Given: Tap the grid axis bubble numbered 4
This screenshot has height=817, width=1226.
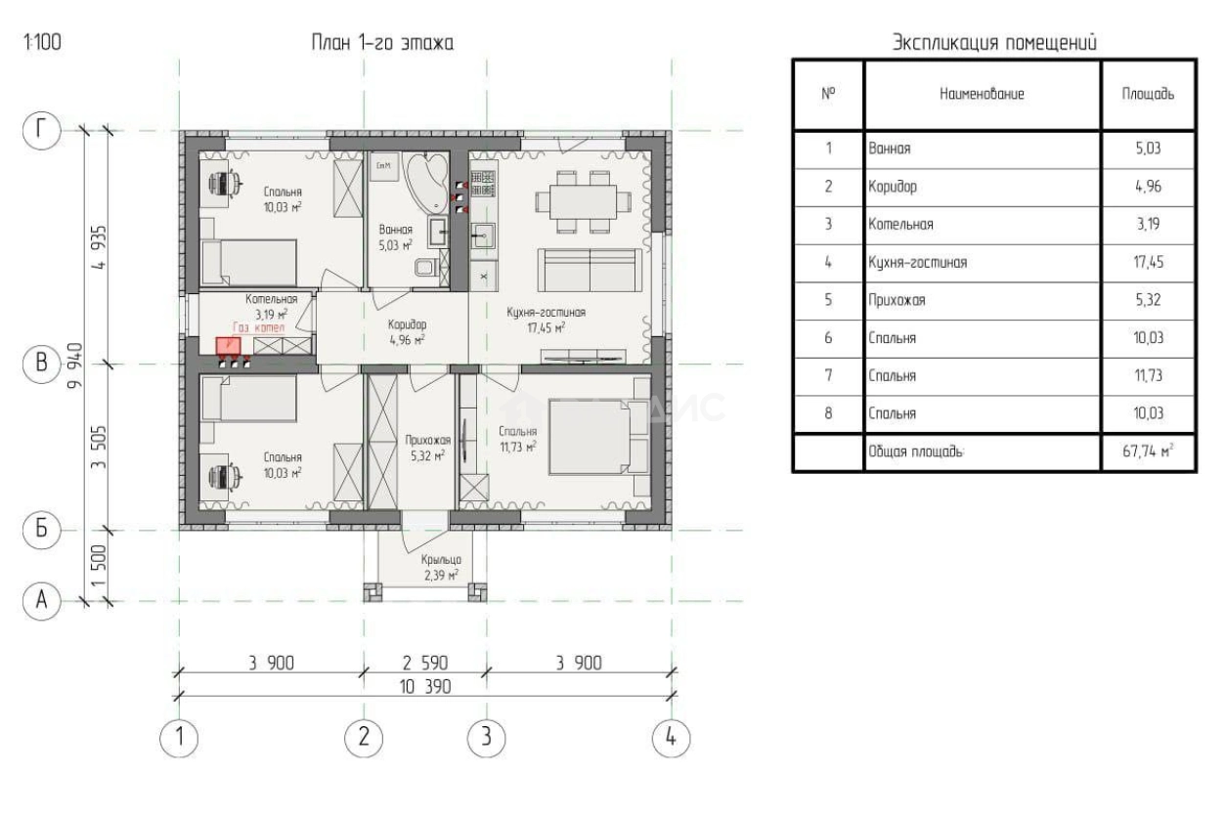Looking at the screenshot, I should [x=671, y=737].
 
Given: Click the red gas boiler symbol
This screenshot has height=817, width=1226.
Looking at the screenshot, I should [x=228, y=344].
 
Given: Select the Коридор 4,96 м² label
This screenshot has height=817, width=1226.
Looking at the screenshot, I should [x=406, y=332].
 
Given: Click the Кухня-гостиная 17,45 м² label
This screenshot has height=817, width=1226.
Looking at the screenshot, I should [x=546, y=320].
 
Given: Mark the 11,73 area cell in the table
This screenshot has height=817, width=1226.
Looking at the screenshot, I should [x=1147, y=375].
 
